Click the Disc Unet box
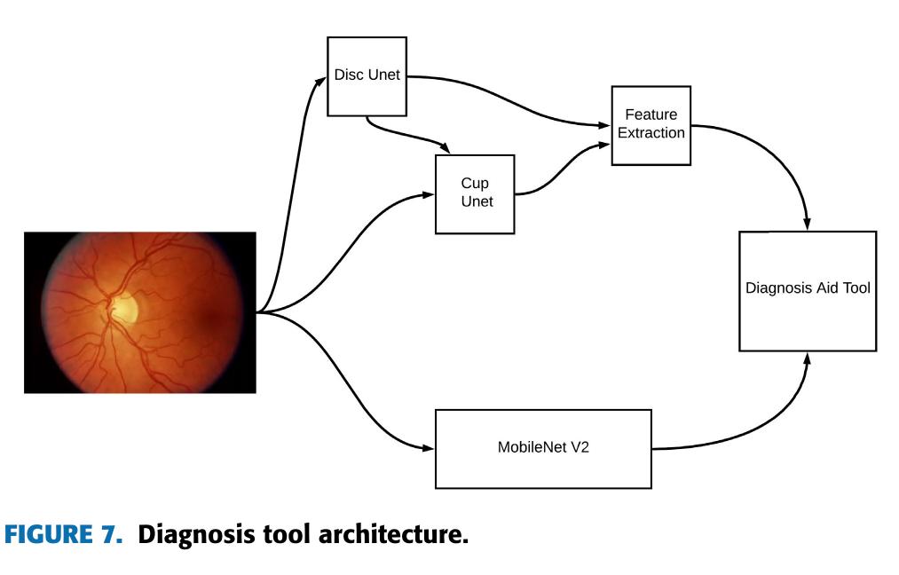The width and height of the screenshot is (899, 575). (x=367, y=76)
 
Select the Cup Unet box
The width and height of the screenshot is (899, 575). (x=475, y=193)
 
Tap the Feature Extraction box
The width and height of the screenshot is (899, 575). (x=651, y=125)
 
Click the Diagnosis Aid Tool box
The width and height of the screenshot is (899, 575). (x=808, y=289)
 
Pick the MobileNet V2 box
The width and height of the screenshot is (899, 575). (x=542, y=448)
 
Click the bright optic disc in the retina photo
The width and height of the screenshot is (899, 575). (x=124, y=308)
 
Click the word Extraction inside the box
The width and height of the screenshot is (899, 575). (x=651, y=133)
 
